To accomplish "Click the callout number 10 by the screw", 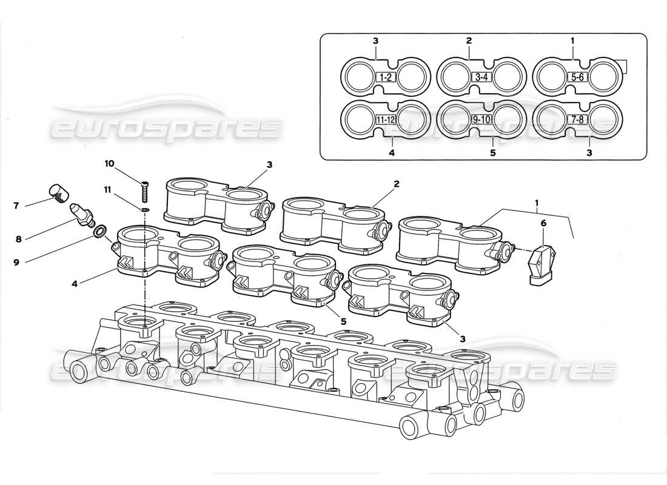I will point(109,164).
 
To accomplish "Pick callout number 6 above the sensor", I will point(543,224).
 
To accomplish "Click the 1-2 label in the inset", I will point(386,78).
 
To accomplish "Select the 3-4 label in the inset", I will point(481,78).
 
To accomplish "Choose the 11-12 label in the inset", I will point(386,119).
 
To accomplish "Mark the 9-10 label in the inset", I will point(481,119).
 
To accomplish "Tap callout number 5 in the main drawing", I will point(343,321).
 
